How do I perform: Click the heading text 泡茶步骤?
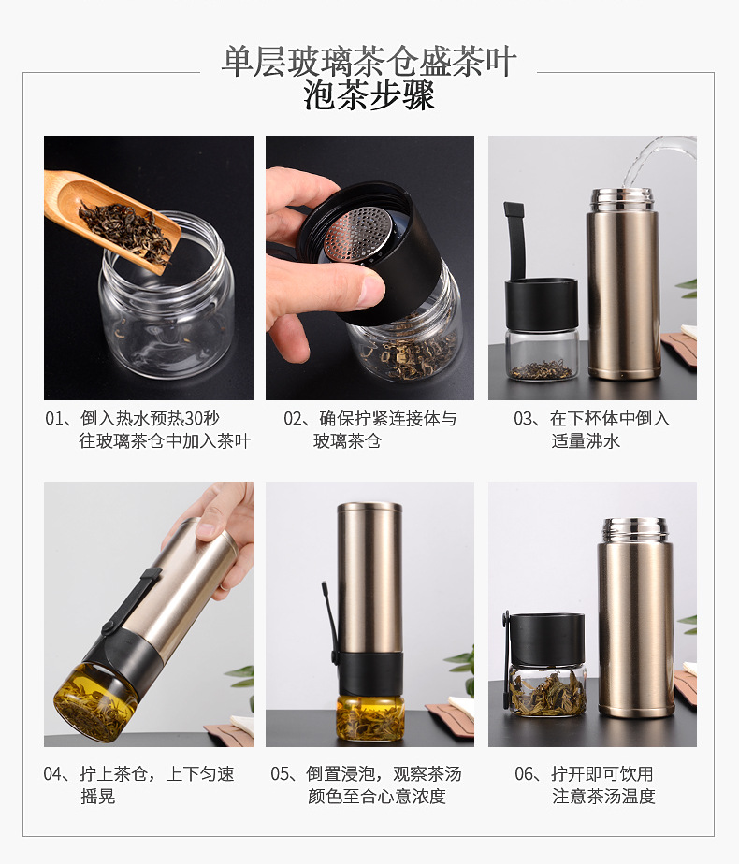(x=369, y=96)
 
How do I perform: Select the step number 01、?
(x=61, y=418)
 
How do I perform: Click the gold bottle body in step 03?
(x=622, y=290)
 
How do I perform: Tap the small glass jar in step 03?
(x=540, y=353)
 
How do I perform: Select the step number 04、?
(x=61, y=773)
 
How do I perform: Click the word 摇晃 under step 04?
(x=97, y=797)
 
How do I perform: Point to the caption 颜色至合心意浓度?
(x=376, y=797)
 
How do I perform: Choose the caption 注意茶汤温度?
(x=603, y=797)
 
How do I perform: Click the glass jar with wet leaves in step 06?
(x=546, y=690)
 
